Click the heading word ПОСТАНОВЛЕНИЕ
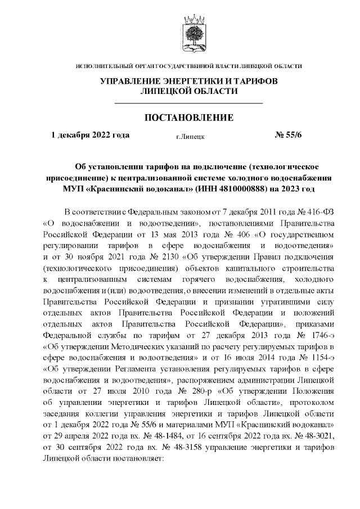(189, 118)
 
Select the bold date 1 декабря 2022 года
(90, 135)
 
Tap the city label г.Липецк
(190, 136)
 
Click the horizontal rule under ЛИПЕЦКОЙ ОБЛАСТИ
(189, 103)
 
